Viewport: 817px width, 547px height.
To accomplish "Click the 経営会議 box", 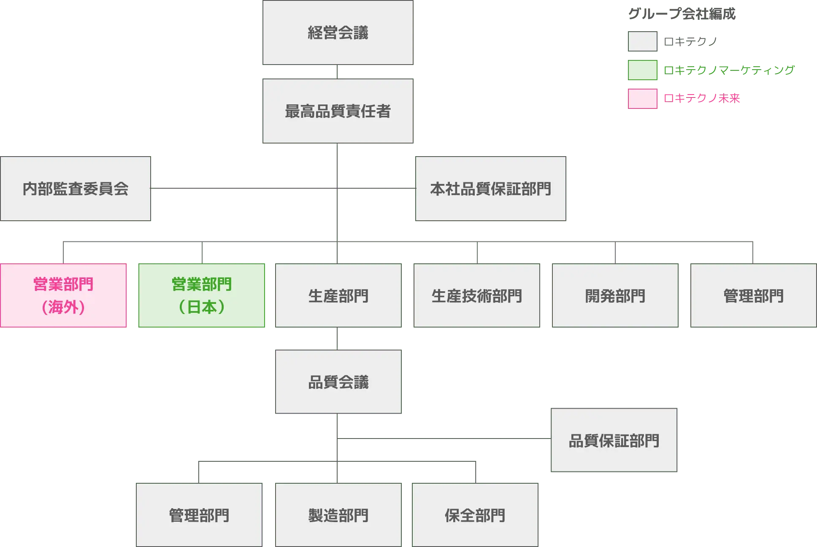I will (x=338, y=32).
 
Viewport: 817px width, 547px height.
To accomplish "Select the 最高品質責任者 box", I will (x=338, y=111).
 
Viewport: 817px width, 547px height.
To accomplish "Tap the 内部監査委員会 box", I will (x=76, y=189).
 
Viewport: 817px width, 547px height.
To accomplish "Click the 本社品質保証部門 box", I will (x=490, y=189).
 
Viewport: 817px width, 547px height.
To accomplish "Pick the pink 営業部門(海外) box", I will (x=63, y=295).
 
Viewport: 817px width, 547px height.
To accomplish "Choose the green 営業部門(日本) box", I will (x=202, y=295).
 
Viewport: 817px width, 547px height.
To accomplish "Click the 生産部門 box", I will (x=338, y=295).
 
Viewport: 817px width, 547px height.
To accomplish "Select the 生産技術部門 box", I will (x=476, y=295).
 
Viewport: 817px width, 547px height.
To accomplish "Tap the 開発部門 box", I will (x=615, y=295).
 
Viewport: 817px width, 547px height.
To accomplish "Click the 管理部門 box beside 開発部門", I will (x=753, y=295).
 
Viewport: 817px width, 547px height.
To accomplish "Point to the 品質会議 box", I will (x=338, y=382).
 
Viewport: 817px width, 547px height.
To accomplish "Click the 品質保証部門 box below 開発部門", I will (x=614, y=440).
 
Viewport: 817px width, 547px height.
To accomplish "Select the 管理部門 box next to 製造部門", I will (x=199, y=515).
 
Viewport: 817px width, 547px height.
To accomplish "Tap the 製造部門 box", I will (x=338, y=515).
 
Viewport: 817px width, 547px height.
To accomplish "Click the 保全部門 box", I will (x=475, y=515).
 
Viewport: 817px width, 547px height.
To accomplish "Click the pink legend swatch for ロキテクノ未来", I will (x=643, y=99).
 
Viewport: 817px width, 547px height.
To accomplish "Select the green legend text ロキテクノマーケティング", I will (x=728, y=70).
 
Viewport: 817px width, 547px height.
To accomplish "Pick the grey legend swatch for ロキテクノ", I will (x=643, y=41).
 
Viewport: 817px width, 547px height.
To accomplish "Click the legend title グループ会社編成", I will (x=682, y=14).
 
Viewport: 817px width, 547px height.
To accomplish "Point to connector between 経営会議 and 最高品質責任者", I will (x=337, y=72).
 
